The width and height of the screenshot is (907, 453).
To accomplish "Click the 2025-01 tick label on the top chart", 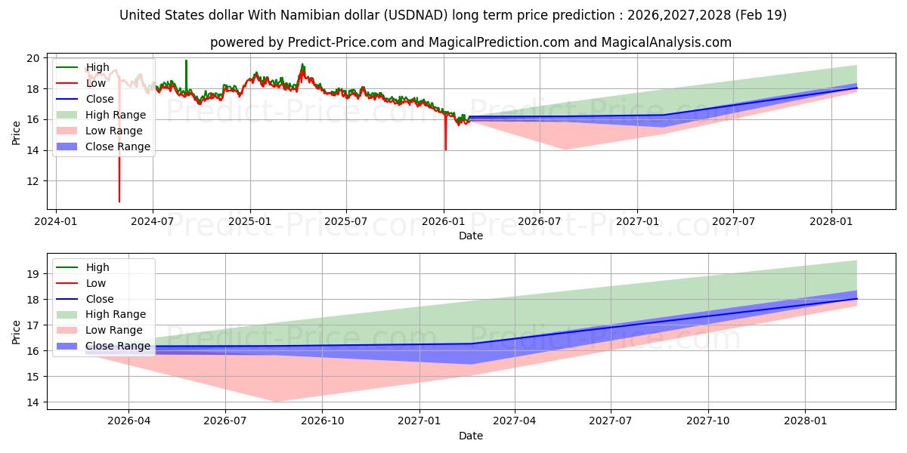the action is point(250,221).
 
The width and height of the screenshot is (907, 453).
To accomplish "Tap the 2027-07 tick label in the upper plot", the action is point(733,221).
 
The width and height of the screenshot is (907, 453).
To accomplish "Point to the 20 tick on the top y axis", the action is point(33,58).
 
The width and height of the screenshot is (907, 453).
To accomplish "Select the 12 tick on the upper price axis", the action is point(33,181).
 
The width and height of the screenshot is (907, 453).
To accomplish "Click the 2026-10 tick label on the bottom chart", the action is point(322,421).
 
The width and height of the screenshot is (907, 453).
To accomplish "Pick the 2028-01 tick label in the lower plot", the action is point(806,421).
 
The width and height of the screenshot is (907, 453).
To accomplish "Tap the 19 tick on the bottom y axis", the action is point(33,274).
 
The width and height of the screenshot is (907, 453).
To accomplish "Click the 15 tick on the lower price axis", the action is point(33,377).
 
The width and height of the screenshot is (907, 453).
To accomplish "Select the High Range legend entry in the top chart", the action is point(101,115).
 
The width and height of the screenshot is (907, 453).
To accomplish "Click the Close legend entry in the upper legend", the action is point(85,99).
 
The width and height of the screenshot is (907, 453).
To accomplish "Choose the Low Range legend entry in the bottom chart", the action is point(100,331).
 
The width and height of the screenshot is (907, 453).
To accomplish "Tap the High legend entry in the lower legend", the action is point(82,267).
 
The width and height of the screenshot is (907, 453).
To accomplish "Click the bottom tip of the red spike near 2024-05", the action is point(119,202).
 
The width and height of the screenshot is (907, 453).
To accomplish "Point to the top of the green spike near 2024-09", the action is point(186,60).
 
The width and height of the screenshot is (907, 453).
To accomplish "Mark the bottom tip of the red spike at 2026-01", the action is point(446,150).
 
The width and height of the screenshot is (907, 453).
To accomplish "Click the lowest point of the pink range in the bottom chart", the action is point(277,402).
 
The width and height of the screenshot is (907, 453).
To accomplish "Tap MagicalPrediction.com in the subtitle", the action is point(499,42).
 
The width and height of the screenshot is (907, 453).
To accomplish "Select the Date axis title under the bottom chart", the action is point(471,436).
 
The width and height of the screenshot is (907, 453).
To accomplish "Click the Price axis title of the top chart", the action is point(16,133).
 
